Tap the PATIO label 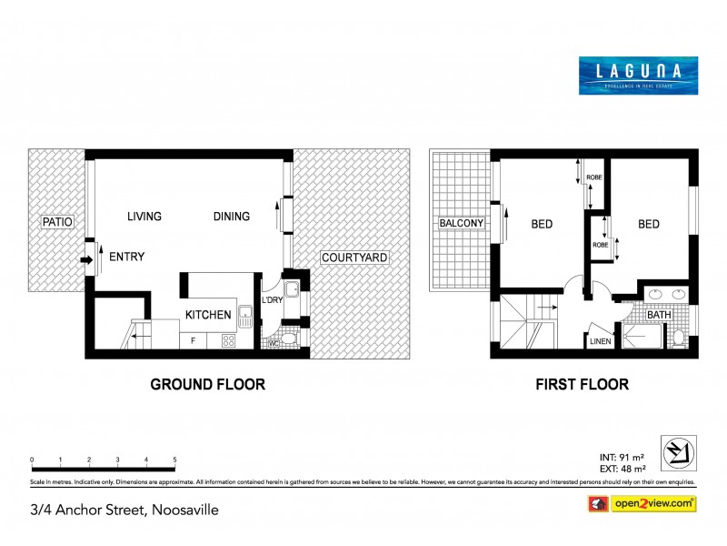[x=56, y=222]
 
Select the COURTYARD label [x=354, y=258]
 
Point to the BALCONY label [x=460, y=223]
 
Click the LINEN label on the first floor [x=599, y=341]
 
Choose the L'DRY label [x=271, y=300]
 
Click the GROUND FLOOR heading [x=207, y=385]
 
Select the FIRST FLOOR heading [x=583, y=385]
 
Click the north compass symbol [x=682, y=450]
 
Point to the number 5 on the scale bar [x=174, y=460]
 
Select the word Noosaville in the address [x=183, y=510]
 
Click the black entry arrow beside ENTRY [x=85, y=260]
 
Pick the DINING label [x=232, y=217]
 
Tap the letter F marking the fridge [x=192, y=341]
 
